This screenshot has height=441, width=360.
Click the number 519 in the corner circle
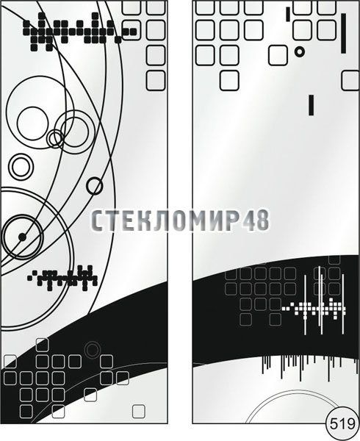342,424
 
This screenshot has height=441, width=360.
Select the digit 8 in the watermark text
262,220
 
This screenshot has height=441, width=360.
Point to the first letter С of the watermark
97,220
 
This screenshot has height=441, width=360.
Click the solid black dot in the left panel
22,237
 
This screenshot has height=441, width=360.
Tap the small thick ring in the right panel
300,51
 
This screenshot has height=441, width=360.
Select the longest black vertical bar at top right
343,33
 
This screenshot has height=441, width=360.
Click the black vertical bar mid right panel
311,105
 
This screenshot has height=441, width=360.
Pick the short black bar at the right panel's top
288,15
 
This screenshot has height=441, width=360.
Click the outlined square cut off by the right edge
350,80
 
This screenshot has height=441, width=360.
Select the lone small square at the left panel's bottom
139,412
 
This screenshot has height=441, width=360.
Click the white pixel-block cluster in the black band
314,309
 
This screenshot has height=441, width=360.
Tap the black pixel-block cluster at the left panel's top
79,32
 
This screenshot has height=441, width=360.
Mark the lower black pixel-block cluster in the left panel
62,278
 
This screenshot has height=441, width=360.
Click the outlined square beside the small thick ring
278,56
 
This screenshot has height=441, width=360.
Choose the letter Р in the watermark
233,220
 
